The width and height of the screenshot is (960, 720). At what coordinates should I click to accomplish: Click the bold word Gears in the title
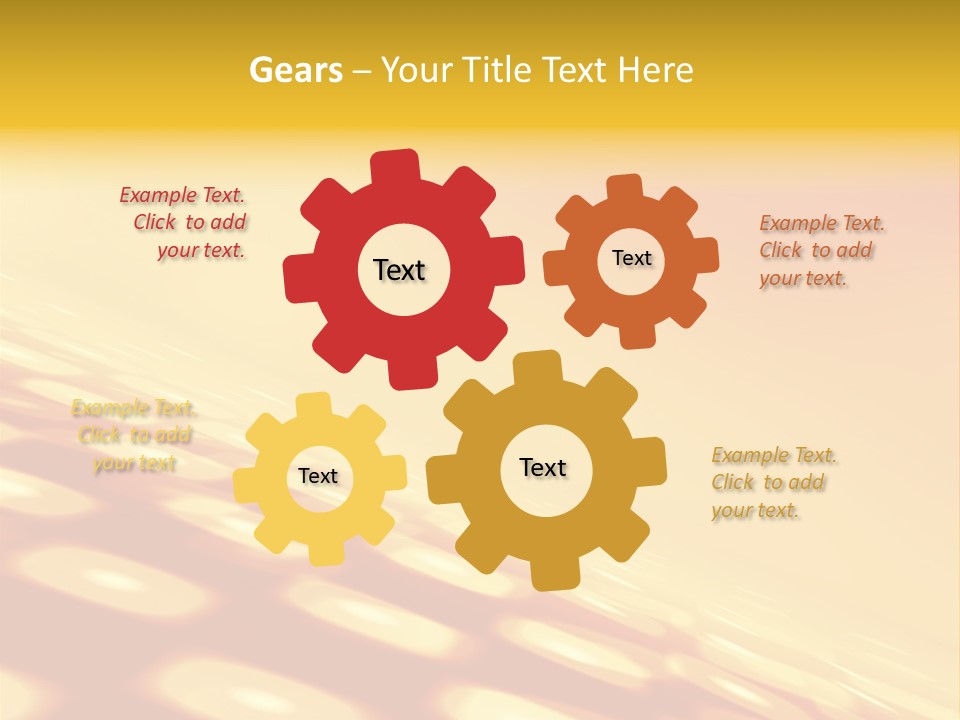295,70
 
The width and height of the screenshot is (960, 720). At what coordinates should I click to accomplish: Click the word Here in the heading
655,70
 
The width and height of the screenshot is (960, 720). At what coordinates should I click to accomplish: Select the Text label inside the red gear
399,270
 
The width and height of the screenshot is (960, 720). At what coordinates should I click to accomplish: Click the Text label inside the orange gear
631,258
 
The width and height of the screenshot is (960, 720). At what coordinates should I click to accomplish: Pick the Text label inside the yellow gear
318,476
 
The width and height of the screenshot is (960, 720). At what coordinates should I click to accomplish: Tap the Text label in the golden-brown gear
543,467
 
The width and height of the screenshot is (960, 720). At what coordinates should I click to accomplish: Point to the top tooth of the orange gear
625,188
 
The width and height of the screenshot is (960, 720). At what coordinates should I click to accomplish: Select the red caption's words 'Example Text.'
182,195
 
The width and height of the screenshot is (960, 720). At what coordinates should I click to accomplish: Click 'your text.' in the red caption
201,250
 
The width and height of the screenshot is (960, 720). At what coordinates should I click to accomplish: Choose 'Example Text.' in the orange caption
822,223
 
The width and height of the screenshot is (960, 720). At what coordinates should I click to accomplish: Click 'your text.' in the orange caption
803,278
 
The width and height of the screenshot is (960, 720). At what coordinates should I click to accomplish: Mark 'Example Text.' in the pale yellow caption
134,408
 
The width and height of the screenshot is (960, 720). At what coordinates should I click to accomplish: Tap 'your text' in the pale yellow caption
135,463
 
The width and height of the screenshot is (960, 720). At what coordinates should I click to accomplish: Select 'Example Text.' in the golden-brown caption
774,456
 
